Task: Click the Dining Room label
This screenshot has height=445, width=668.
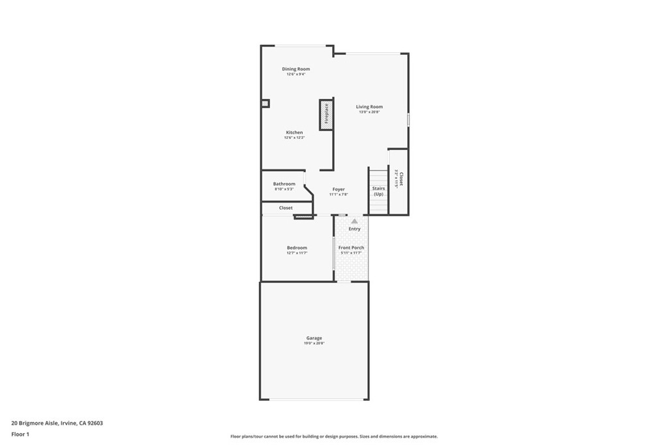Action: (x=296, y=69)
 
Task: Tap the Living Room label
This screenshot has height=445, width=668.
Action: (x=369, y=107)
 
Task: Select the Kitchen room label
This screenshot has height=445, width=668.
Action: (x=294, y=132)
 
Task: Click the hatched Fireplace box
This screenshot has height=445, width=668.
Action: (x=326, y=114)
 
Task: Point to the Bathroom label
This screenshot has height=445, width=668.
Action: (x=284, y=184)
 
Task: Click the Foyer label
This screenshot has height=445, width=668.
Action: (x=339, y=189)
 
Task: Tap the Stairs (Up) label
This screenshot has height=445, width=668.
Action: (x=378, y=191)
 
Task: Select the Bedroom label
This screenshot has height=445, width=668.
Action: (x=297, y=248)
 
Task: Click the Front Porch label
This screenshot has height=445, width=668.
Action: (x=351, y=248)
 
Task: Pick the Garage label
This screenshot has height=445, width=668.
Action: (x=314, y=337)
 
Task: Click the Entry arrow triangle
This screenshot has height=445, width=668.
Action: (x=354, y=222)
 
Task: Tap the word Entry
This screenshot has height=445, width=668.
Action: (x=354, y=229)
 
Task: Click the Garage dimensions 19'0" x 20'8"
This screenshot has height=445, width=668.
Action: (x=314, y=343)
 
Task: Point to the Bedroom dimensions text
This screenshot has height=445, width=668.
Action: (x=297, y=253)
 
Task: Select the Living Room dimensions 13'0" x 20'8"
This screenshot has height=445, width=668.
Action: (x=369, y=112)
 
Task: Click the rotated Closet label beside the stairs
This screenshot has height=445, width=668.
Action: (x=401, y=179)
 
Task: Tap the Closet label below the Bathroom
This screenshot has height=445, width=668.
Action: (x=286, y=208)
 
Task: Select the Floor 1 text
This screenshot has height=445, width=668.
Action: (x=20, y=433)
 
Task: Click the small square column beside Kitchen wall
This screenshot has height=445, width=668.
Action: (x=265, y=103)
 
